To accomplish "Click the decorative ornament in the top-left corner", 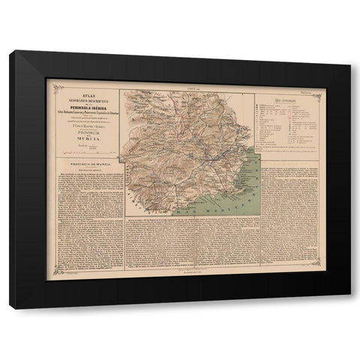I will tap(49, 82).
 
